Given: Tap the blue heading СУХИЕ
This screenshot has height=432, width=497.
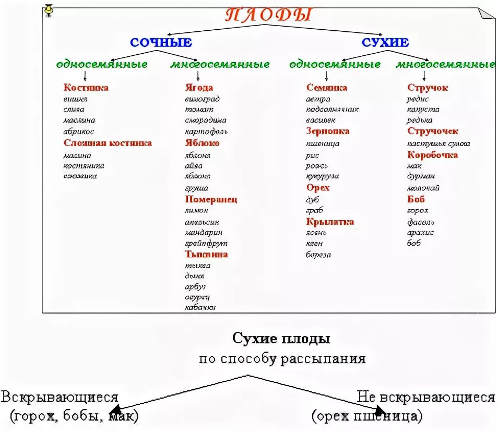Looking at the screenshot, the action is (385, 43).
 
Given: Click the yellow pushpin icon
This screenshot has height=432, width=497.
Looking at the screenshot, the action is (49, 9).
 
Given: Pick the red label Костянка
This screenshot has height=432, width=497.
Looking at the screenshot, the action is (86, 88).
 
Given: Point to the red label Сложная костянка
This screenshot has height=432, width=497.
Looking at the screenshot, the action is (108, 143).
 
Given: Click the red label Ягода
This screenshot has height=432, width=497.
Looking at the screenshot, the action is (199, 88).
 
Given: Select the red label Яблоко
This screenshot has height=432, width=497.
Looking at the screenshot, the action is (202, 143).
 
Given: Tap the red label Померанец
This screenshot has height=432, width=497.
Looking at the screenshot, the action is (211, 199).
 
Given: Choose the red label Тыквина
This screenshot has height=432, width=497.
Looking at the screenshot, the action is (206, 255).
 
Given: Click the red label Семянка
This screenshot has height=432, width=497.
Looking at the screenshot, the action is (327, 88).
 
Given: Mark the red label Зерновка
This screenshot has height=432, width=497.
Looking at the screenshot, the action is (328, 131).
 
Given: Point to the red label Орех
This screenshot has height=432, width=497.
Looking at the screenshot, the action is (318, 188).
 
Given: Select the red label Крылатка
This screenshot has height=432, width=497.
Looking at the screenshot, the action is (330, 222).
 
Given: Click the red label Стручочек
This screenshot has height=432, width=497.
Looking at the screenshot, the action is (433, 131).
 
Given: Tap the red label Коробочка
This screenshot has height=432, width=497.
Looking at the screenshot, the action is (433, 155).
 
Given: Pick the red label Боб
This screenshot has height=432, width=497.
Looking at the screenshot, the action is (416, 199).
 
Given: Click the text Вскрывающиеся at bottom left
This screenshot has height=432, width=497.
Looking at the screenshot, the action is (60, 398).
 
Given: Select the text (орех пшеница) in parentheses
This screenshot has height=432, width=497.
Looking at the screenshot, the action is (366, 416).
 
